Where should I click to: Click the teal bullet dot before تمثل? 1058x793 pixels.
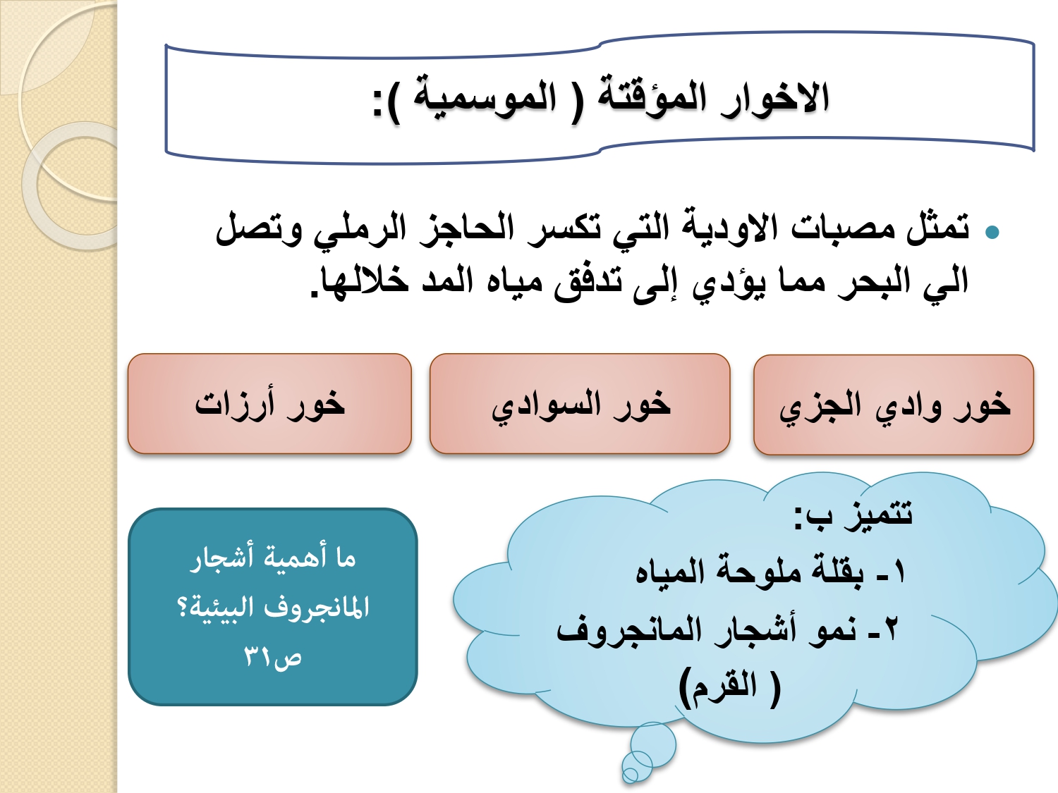point(992,233)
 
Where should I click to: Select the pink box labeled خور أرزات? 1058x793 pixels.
point(270,404)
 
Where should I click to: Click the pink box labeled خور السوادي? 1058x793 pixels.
point(580,404)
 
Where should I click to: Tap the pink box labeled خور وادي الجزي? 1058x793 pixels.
point(894,405)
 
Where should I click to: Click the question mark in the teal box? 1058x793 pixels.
point(184,608)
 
